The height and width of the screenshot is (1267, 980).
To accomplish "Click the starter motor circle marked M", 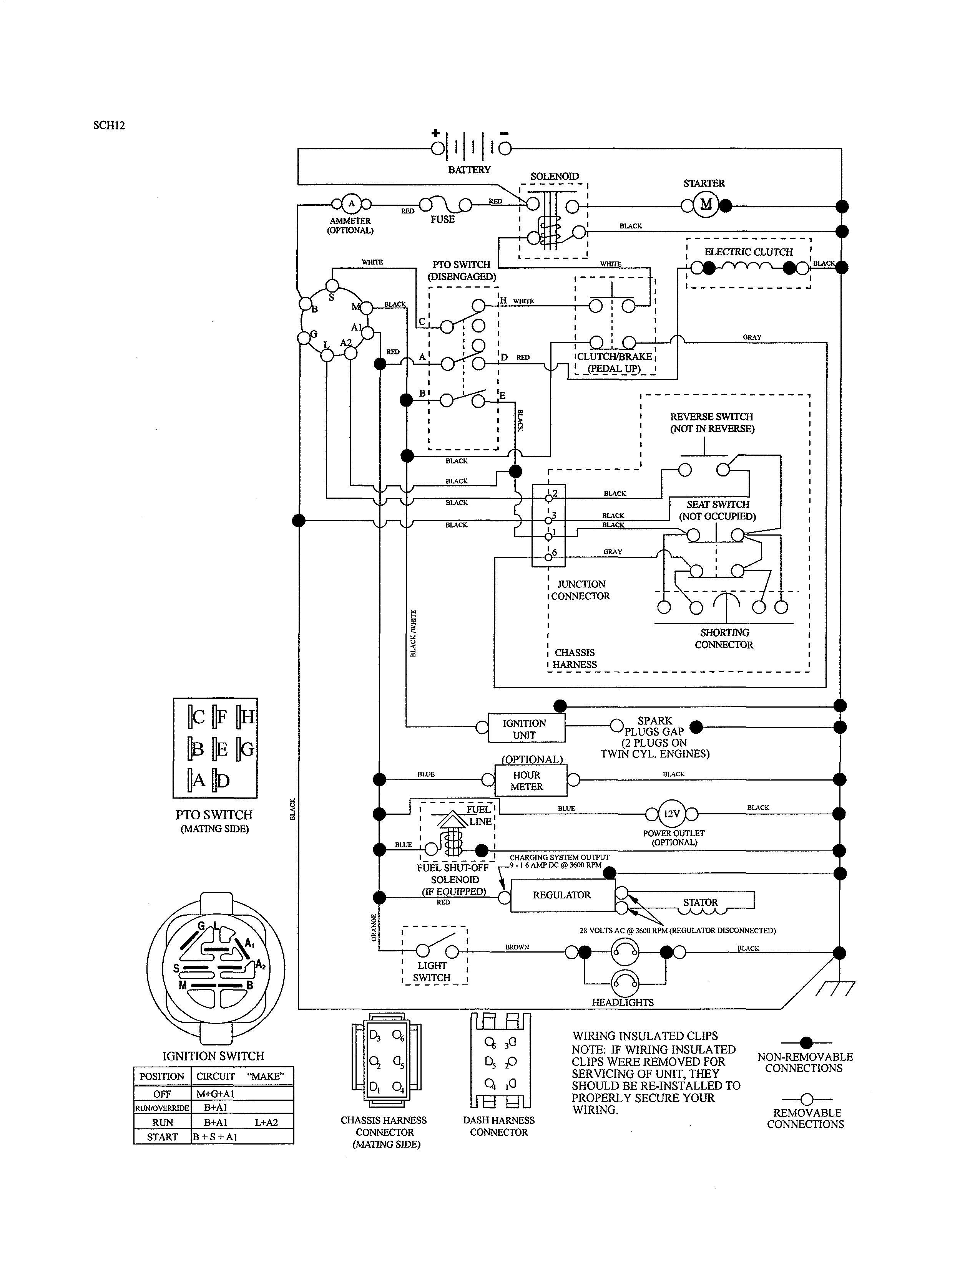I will (706, 204).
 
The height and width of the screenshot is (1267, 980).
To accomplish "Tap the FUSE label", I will (442, 219).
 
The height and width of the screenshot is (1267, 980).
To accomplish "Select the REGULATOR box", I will (562, 895).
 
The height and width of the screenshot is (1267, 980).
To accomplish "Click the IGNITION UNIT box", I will (525, 729).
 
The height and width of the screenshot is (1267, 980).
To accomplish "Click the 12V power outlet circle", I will (672, 814).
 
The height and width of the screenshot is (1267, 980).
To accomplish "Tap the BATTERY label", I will (469, 170).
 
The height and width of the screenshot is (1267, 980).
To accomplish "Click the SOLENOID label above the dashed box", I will (555, 176).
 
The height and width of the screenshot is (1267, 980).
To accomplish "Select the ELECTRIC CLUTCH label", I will (748, 252).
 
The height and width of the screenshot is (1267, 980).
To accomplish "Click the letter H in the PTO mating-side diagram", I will (247, 717).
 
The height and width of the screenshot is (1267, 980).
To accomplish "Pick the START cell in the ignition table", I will (163, 1137).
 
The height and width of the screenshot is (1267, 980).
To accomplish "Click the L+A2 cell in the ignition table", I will (266, 1123).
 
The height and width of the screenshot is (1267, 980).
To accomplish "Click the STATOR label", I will (700, 902).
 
